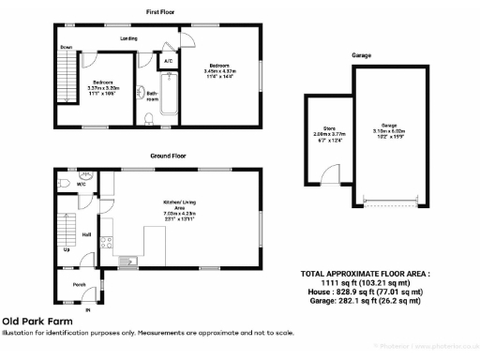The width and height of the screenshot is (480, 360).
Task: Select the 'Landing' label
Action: pyautogui.click(x=129, y=38)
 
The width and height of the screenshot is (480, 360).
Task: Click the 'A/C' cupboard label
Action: pyautogui.click(x=168, y=60)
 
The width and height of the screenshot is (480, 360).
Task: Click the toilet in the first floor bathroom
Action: pyautogui.click(x=151, y=117)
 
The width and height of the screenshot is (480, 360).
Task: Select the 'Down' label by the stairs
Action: pyautogui.click(x=67, y=46)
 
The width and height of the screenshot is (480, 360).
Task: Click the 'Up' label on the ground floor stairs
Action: pyautogui.click(x=66, y=250)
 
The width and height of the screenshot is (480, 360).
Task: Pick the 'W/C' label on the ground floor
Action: pyautogui.click(x=82, y=185)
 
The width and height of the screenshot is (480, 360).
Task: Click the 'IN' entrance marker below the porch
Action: pyautogui.click(x=89, y=308)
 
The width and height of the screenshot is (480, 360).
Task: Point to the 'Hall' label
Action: pyautogui.click(x=85, y=234)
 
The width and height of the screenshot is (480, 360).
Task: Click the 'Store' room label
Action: pyautogui.click(x=329, y=128)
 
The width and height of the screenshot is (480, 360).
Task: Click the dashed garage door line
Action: pyautogui.click(x=389, y=202)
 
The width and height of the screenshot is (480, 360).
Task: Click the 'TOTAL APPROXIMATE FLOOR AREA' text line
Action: pyautogui.click(x=365, y=274)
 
